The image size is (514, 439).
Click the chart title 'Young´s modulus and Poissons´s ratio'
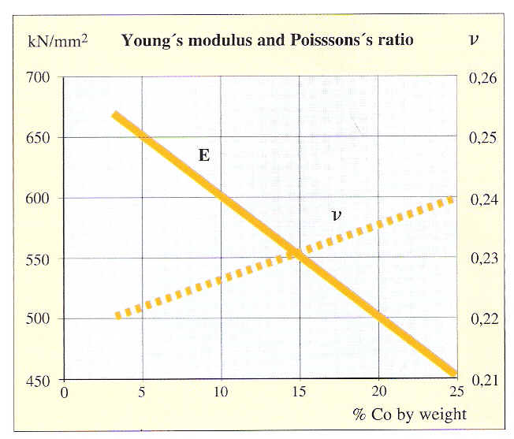(267, 39)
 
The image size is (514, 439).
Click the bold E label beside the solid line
(203, 155)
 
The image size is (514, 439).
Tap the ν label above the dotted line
(337, 214)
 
